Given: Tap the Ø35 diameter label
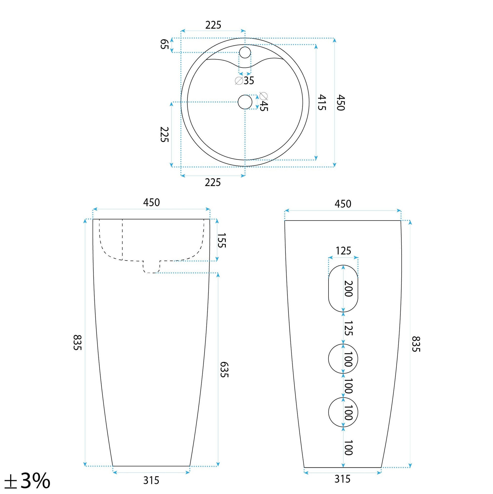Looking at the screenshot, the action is click(245, 81).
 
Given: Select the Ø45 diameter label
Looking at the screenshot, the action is click(263, 102).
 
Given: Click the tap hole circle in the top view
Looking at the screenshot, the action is click(245, 52).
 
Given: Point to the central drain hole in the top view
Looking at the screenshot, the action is click(245, 102).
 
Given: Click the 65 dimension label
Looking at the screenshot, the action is click(164, 44).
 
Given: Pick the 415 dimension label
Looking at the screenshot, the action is click(321, 102).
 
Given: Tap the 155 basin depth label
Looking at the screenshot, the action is click(222, 240).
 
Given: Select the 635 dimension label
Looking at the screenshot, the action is click(224, 370).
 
